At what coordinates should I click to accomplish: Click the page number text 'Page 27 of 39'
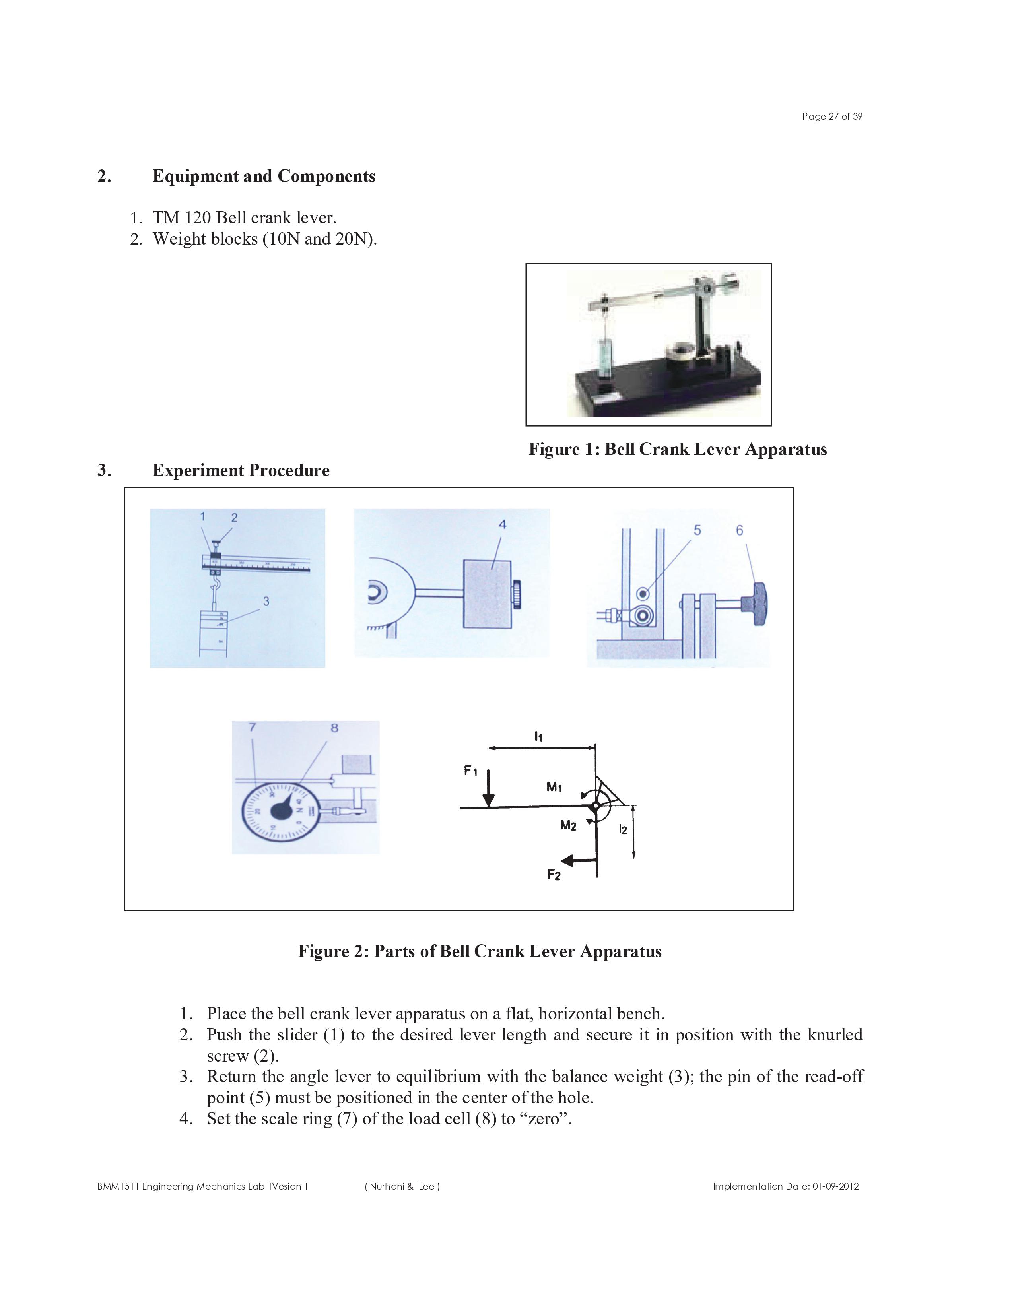[831, 116]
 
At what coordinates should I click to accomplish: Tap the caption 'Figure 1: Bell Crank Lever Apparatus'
[677, 449]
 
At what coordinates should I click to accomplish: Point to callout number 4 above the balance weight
[502, 524]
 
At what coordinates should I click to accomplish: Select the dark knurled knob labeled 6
[757, 603]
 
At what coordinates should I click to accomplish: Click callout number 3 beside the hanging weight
[266, 601]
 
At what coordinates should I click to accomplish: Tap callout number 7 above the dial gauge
[252, 728]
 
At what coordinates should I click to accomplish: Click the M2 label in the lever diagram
[568, 826]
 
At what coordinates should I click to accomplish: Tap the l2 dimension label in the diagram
[623, 830]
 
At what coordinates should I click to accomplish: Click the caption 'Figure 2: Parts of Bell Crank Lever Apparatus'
[480, 951]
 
